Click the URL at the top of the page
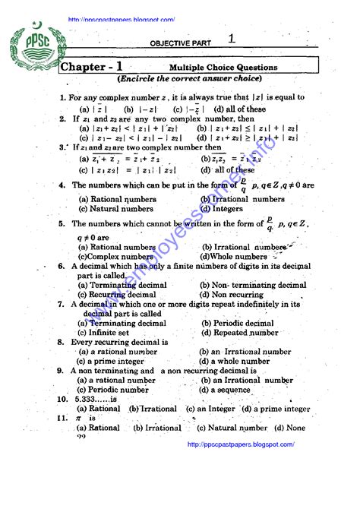point(122,20)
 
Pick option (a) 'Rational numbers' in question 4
point(117,200)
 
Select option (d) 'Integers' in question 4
point(222,208)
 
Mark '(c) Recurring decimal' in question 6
point(117,294)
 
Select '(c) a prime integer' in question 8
point(112,362)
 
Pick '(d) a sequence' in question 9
point(229,390)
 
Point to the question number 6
point(62,267)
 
